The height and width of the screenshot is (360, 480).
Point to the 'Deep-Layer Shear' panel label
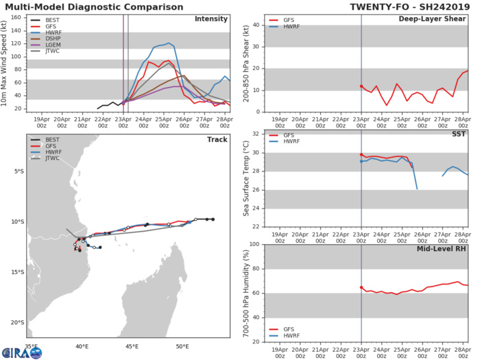click(x=434, y=19)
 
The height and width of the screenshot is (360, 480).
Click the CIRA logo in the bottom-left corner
click(x=21, y=352)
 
